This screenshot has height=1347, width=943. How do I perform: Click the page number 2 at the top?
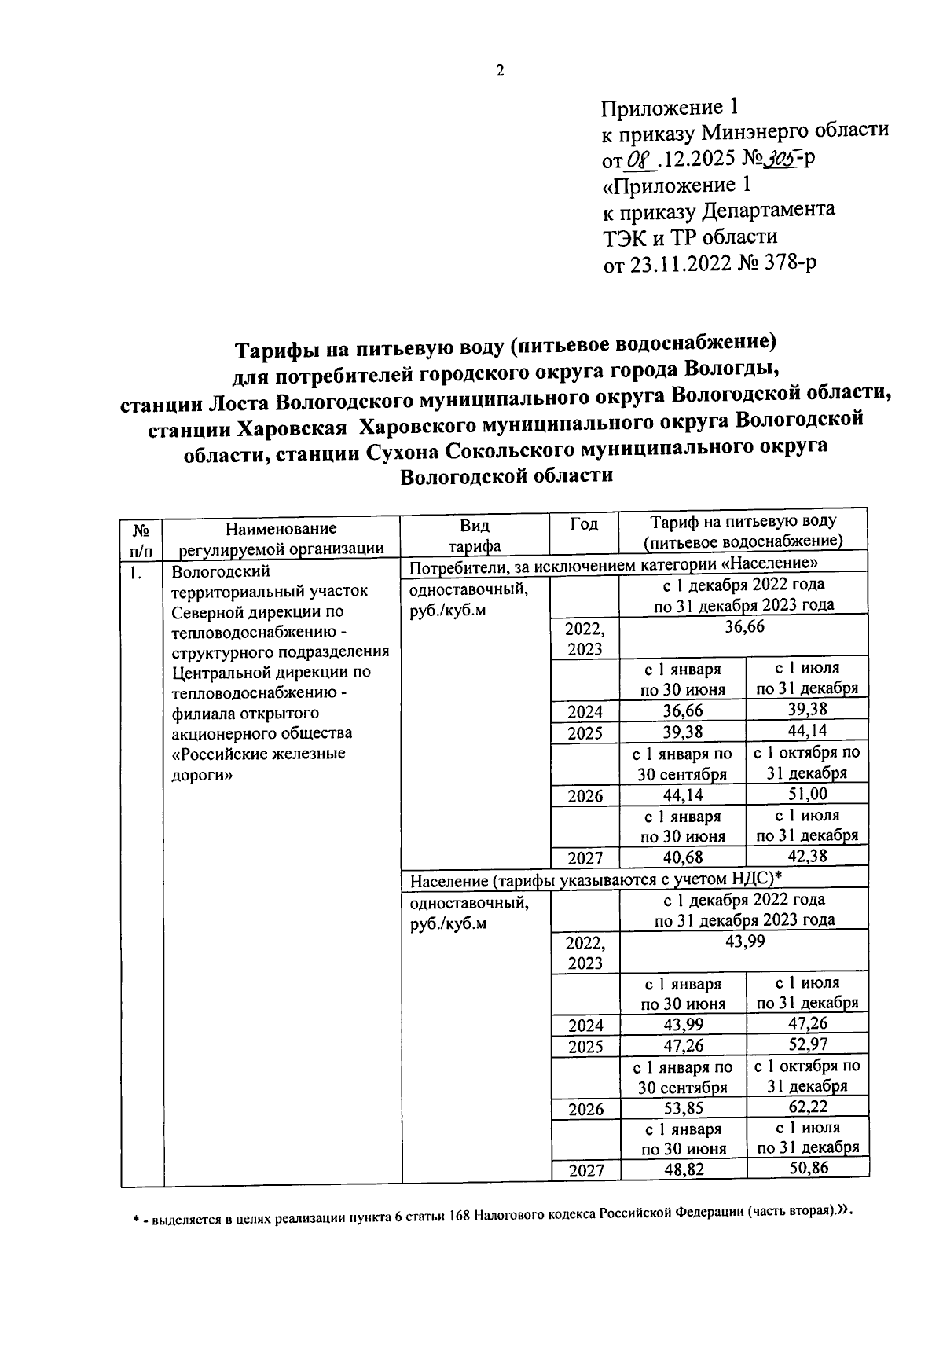(x=499, y=71)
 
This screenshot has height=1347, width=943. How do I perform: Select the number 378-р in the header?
(x=788, y=262)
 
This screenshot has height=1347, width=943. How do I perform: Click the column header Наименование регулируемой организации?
(x=281, y=538)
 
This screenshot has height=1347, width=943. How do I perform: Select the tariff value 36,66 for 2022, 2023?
(x=743, y=627)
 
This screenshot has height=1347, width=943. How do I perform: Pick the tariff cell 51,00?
(x=807, y=795)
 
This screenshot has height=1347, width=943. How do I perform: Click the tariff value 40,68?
(x=682, y=857)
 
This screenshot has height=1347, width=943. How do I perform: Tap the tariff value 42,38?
(x=807, y=857)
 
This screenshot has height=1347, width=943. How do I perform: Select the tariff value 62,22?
(x=807, y=1107)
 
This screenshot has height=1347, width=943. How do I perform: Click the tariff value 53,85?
(x=682, y=1109)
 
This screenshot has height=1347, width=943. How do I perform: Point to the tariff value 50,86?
(x=807, y=1169)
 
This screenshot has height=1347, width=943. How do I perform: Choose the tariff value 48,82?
(x=682, y=1171)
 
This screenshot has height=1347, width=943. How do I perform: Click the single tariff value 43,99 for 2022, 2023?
(x=743, y=941)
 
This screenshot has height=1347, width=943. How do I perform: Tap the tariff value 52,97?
(x=807, y=1045)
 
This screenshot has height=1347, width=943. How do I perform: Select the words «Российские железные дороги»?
(x=259, y=764)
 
